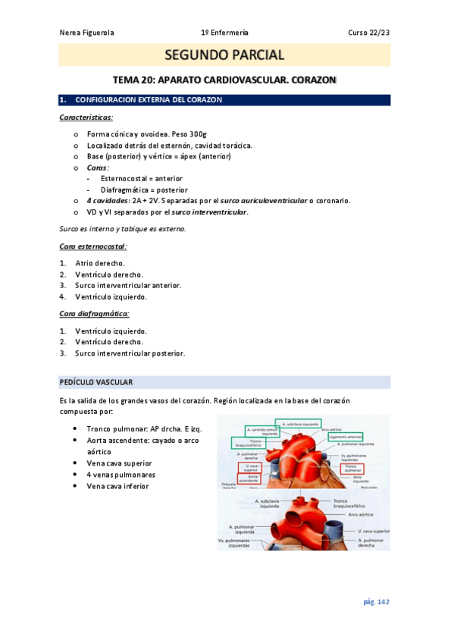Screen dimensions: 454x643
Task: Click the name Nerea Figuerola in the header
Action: [86, 33]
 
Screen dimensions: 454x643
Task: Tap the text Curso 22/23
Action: [369, 33]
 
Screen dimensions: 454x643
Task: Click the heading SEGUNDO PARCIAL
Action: [224, 55]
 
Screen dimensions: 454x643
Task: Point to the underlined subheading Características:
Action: [86, 118]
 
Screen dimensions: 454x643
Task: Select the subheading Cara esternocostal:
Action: [93, 246]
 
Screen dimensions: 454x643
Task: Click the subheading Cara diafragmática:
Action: [94, 313]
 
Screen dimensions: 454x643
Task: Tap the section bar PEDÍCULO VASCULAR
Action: [96, 381]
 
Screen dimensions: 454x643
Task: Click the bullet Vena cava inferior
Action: [118, 486]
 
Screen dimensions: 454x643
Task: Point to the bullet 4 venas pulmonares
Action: [121, 475]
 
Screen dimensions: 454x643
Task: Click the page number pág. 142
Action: [376, 601]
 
